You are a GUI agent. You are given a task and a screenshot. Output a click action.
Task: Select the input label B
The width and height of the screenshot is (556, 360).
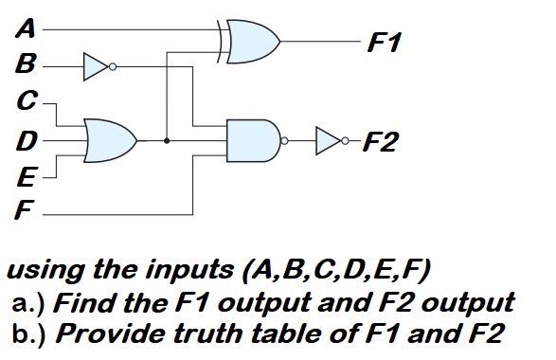click(27, 65)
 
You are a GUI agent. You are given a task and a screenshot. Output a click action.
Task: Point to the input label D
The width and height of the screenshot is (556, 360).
click(27, 142)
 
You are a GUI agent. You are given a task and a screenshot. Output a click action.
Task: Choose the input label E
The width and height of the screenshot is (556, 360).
click(27, 177)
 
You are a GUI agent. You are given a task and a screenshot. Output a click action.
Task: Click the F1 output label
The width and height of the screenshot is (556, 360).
click(386, 44)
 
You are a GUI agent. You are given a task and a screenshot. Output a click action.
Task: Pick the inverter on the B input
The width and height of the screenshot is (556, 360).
click(97, 66)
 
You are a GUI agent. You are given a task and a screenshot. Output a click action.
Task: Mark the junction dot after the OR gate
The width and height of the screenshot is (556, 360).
click(168, 141)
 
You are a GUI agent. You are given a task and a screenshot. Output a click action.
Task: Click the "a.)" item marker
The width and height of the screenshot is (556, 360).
click(31, 303)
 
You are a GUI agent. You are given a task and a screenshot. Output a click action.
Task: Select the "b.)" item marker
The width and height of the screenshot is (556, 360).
click(31, 333)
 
